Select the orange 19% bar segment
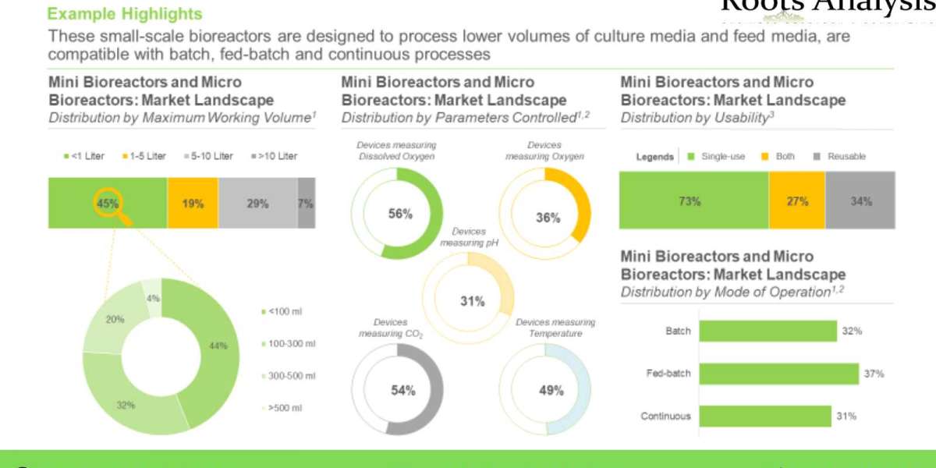pos(193,203)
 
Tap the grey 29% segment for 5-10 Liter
pos(257,203)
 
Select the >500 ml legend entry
pos(287,407)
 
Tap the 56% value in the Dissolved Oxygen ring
pos(400,214)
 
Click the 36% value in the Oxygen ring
pos(548,218)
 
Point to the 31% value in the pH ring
pos(472,301)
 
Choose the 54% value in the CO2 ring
pos(402,390)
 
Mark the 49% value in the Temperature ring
pos(551,390)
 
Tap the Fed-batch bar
pos(778,374)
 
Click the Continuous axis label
pos(665,416)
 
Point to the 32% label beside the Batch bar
pos(851,331)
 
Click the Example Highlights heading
pos(125,14)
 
